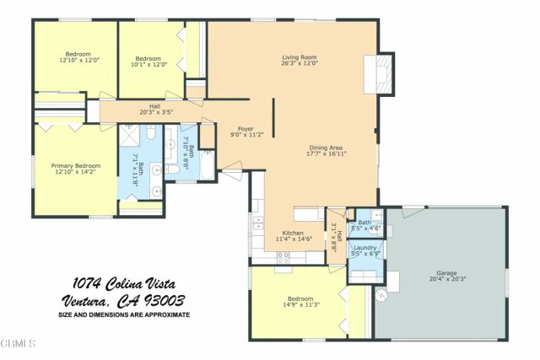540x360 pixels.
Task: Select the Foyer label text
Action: click(x=245, y=129)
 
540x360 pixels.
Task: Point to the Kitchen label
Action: click(x=293, y=233)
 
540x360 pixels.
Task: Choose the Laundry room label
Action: click(x=364, y=248)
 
